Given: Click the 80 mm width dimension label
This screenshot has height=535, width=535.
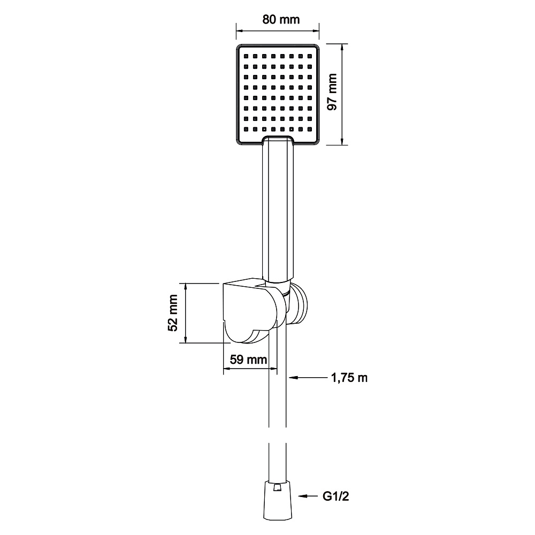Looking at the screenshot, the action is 281,19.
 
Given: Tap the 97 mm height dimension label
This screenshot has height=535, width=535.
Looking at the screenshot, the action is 332,92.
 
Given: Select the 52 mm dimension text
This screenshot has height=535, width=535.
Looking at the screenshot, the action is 173,312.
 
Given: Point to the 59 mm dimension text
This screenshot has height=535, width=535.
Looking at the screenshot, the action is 248,360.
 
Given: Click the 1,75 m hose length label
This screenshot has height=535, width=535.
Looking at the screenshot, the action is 349,378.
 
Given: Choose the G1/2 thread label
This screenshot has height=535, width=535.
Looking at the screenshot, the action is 336,496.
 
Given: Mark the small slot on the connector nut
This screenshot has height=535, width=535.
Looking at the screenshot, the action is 278,487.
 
